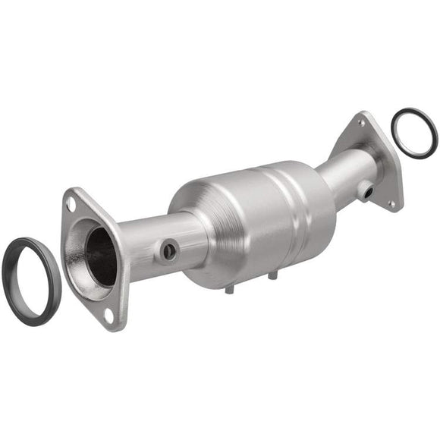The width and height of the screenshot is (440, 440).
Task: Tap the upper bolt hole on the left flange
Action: [x=71, y=203]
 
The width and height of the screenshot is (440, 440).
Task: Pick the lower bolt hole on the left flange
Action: [x=108, y=313]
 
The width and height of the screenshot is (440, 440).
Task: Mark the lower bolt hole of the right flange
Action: [x=391, y=203]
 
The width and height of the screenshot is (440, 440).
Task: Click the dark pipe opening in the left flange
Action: [x=101, y=256]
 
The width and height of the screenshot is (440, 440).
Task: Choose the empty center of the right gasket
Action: [x=414, y=134]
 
